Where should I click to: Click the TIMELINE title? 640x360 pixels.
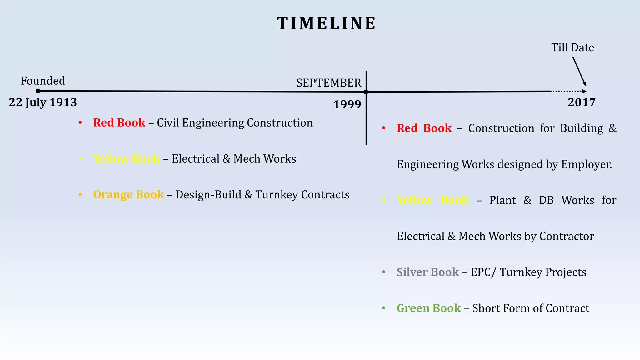[326, 24]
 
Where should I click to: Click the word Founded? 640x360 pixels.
[43, 81]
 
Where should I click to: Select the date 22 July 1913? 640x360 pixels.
[43, 102]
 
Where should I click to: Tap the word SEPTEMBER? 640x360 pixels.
[328, 83]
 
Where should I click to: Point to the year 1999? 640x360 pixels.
[347, 104]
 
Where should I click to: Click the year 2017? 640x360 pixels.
[582, 102]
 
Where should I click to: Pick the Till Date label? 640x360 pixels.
[572, 47]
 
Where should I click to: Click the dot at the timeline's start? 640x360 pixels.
[38, 91]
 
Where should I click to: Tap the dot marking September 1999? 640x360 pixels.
[366, 92]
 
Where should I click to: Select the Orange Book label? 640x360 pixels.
[128, 195]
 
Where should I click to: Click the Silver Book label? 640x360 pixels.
[427, 272]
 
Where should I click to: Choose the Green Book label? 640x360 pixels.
[428, 308]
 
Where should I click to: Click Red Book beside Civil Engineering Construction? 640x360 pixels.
[119, 123]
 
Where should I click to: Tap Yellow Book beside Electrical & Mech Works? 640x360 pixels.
[127, 159]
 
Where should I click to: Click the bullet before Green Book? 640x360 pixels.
[384, 308]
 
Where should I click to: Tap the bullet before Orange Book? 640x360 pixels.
[80, 195]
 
